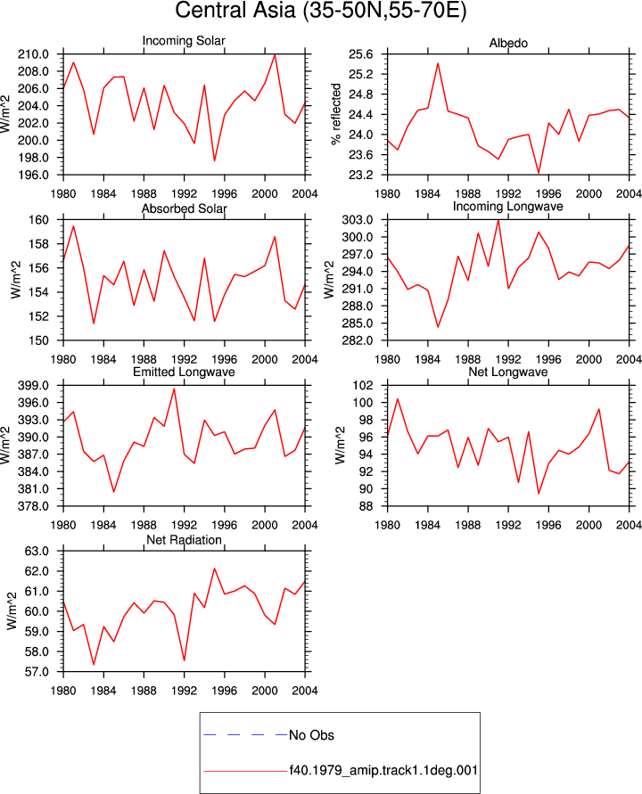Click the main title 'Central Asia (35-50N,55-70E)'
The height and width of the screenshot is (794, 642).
click(x=320, y=11)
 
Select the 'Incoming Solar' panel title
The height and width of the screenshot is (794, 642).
click(x=184, y=40)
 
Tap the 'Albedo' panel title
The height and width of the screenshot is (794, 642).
click(x=508, y=43)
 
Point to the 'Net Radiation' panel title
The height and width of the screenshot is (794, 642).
click(x=184, y=540)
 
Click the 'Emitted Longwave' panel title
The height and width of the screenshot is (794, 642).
click(x=184, y=372)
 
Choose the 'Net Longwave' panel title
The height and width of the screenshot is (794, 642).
click(x=508, y=372)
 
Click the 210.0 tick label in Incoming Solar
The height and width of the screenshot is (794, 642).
click(x=34, y=54)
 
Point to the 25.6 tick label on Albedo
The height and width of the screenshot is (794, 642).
click(x=360, y=54)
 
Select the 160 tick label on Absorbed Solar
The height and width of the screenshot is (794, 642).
click(x=39, y=220)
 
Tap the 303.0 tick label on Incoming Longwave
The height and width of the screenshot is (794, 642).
click(x=358, y=220)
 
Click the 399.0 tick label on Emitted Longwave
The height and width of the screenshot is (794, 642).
click(x=34, y=385)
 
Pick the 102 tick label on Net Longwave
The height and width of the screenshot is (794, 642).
click(x=363, y=385)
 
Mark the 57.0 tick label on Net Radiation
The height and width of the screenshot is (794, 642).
click(x=37, y=672)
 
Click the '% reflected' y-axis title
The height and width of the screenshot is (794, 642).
click(x=336, y=114)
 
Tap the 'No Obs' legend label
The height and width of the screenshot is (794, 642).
click(x=311, y=735)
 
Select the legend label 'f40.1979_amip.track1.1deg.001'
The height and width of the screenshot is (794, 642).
click(x=383, y=771)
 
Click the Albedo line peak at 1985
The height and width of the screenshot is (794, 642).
click(x=438, y=63)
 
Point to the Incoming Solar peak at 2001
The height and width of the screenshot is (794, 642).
click(x=275, y=54)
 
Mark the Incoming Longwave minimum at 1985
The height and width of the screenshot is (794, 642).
click(x=438, y=327)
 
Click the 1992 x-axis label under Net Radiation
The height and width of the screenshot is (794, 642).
click(x=184, y=691)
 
